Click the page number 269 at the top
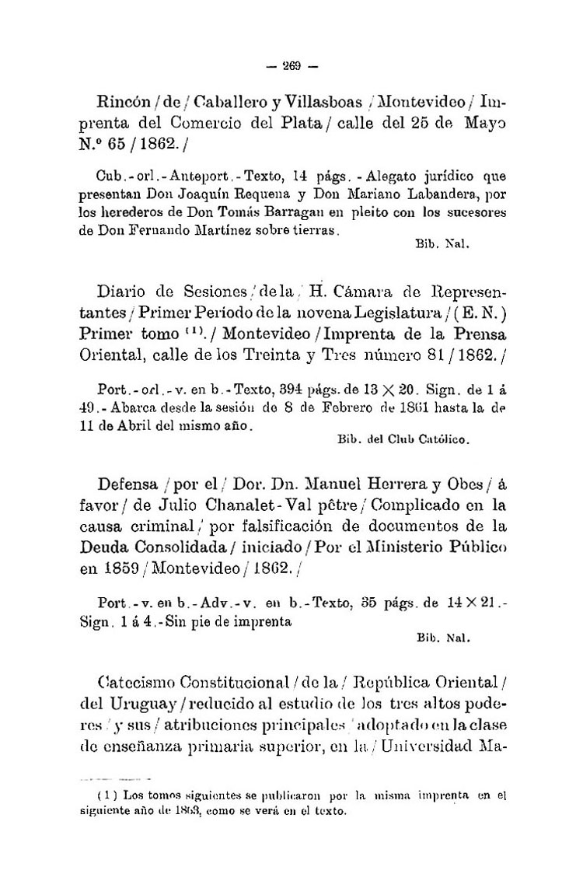coord(291,65)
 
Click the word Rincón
coord(124,101)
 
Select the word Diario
coord(123,292)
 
